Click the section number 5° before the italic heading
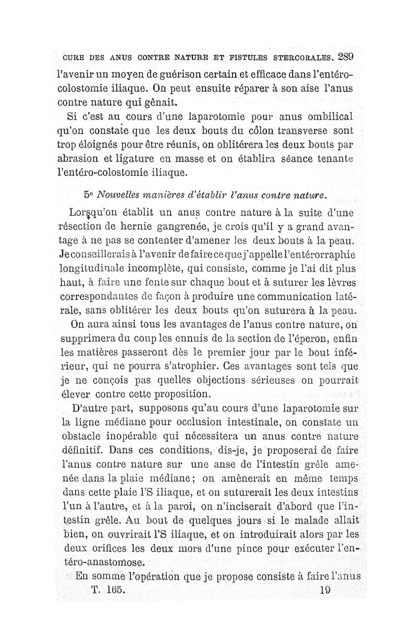coord(89,196)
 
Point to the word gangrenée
coord(176,228)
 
